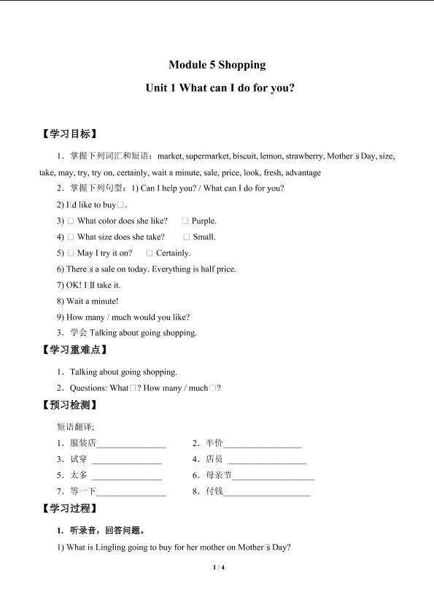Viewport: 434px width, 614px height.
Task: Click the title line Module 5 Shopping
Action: pos(217,65)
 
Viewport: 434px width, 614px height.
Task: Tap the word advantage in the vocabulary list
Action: pos(303,173)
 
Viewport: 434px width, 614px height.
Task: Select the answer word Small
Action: pos(204,237)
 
